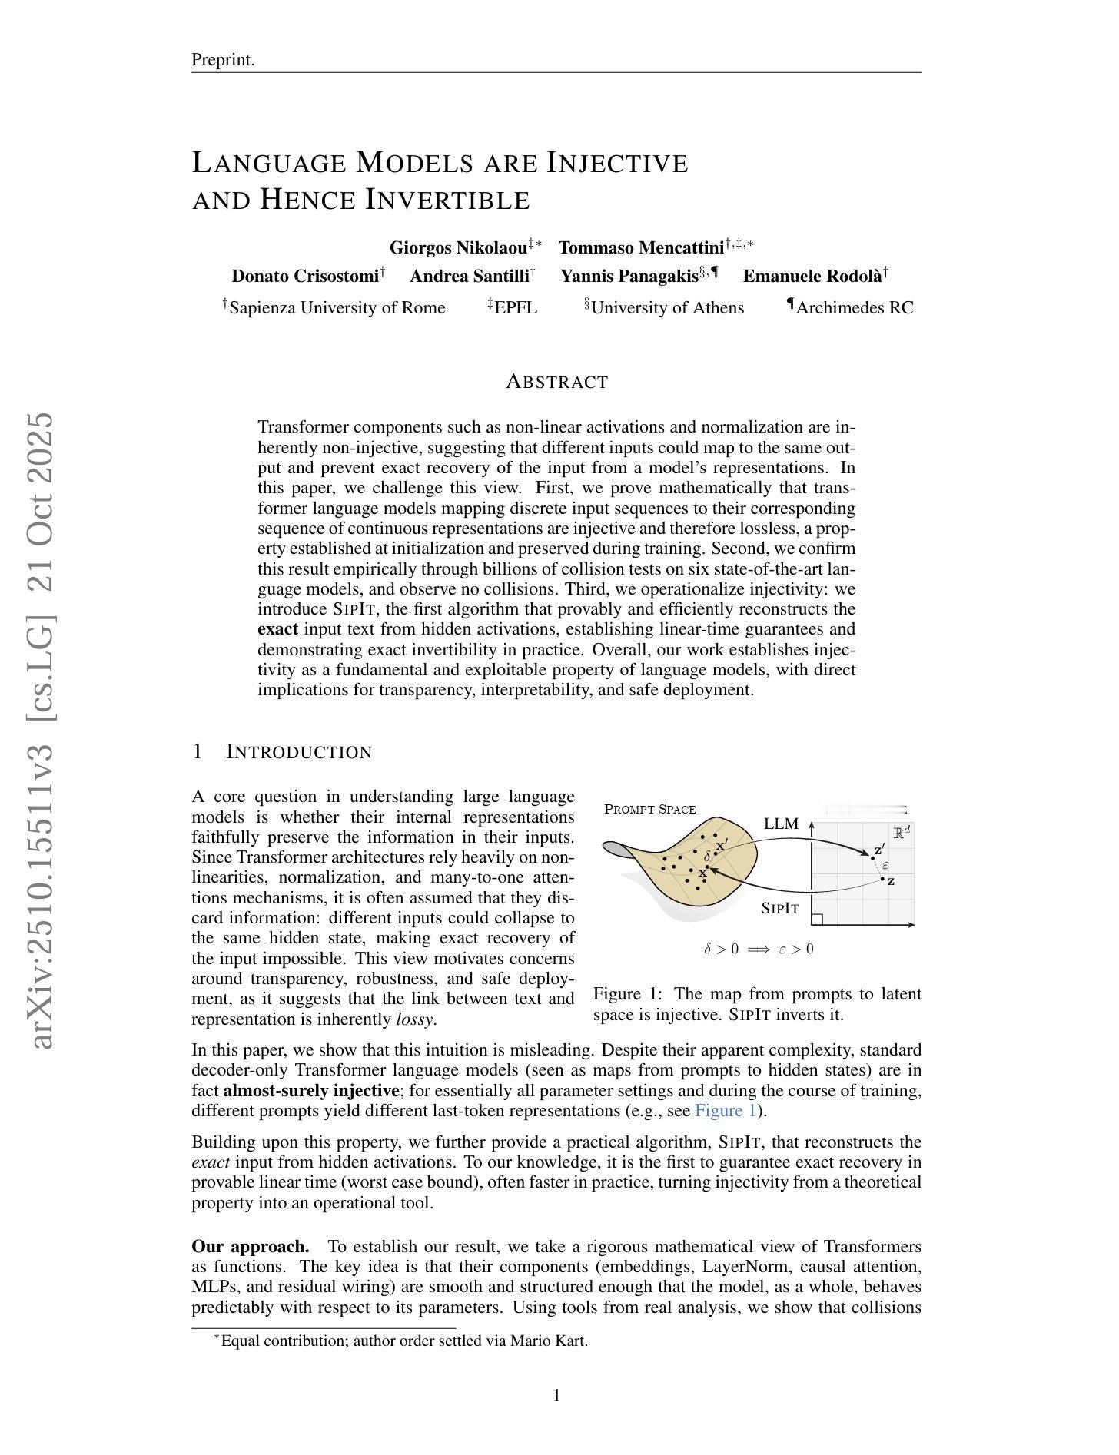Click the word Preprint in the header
[x=221, y=60]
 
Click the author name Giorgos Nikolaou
[x=458, y=247]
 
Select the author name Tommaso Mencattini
[x=641, y=247]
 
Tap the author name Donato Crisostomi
[x=305, y=276]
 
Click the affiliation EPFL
[x=516, y=308]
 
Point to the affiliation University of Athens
[x=667, y=308]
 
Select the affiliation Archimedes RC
[x=854, y=308]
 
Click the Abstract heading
[x=557, y=382]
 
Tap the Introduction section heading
[x=299, y=752]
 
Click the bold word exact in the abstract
[x=277, y=629]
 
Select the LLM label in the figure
[x=781, y=824]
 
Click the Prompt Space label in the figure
[x=650, y=809]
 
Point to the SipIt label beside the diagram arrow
[x=780, y=908]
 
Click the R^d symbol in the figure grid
[x=901, y=833]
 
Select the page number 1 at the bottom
[x=557, y=1396]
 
